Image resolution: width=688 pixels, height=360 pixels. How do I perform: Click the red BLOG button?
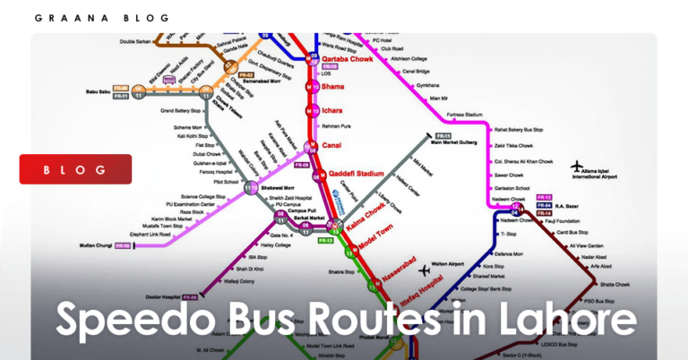75,169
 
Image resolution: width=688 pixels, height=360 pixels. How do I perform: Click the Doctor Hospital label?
161,296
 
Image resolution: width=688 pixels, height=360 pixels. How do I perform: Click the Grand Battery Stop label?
180,111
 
